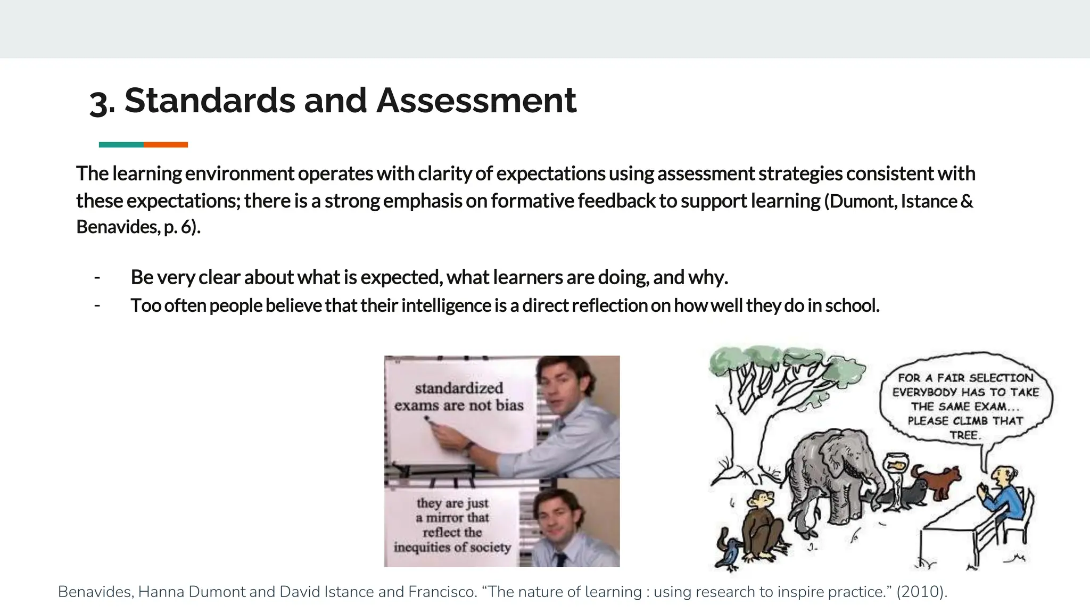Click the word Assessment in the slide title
[x=476, y=101]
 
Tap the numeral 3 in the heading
[x=101, y=102]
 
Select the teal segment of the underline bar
[x=121, y=145]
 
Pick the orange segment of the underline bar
[x=166, y=145]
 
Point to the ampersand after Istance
[x=967, y=201]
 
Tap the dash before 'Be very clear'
[x=97, y=277]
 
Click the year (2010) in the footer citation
[x=921, y=592]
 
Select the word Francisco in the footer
[x=442, y=592]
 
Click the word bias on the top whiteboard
[x=509, y=405]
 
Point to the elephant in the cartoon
[x=830, y=474]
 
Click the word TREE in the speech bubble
[x=964, y=435]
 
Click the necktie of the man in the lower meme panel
[x=559, y=559]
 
